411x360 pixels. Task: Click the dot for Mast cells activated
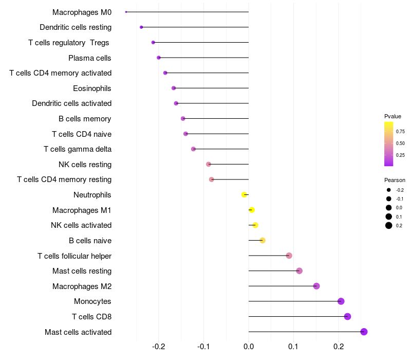pos(364,332)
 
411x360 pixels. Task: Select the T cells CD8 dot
pos(347,317)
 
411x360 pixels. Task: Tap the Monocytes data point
pos(341,301)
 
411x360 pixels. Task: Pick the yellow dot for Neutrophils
pos(244,195)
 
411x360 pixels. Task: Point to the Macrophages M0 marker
pos(126,12)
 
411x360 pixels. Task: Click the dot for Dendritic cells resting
pos(141,27)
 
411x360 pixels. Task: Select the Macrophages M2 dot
pos(316,286)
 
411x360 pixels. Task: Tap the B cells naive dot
pos(262,241)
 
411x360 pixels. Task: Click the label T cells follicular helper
pos(74,256)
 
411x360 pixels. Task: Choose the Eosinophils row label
pos(92,88)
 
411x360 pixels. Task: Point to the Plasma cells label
pos(90,58)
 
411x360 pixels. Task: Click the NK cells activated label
pos(81,225)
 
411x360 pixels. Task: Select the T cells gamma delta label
pos(78,149)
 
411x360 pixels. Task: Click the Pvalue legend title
pos(393,116)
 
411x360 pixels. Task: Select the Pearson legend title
pos(395,180)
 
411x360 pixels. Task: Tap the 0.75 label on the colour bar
pos(400,131)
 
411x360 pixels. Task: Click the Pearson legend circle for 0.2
pos(389,225)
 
